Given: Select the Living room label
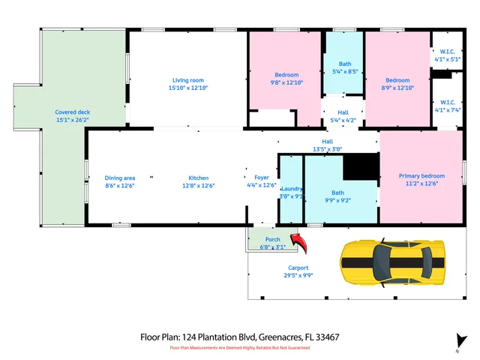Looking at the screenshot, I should (188, 80).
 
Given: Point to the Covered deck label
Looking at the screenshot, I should (71, 112).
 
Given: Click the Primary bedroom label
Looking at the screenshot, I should (421, 176).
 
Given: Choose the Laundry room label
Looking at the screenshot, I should (291, 189).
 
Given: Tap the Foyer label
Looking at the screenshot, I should (261, 177).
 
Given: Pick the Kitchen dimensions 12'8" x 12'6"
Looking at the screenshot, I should (199, 186).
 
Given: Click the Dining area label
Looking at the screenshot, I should (120, 178).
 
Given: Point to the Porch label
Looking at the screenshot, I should (272, 239).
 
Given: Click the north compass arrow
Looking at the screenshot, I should (457, 339).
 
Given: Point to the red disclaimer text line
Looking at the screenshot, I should (240, 348).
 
